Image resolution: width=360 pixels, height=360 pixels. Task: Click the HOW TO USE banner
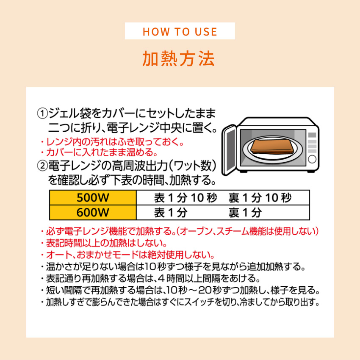coord(180,31)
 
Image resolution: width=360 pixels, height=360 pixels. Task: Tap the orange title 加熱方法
coord(179,59)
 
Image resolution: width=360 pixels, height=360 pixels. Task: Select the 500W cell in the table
coord(93,197)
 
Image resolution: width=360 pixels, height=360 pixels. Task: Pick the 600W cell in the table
coord(93,212)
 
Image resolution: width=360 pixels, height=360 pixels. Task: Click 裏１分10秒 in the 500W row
coord(260,198)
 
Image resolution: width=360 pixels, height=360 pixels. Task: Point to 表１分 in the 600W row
coord(171,213)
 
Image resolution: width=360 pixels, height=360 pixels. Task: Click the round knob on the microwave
coord(312,159)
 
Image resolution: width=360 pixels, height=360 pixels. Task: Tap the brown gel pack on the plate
coord(272,147)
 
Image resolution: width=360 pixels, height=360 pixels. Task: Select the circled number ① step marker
coord(42,114)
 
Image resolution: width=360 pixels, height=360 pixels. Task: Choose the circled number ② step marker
coord(42,166)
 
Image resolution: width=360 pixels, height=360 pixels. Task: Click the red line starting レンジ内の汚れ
coord(112,142)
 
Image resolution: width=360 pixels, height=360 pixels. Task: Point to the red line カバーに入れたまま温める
coord(99,152)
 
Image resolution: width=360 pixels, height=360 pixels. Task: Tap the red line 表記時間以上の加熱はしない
coord(104,243)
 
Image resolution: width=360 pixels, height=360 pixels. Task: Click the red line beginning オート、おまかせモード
coord(127,255)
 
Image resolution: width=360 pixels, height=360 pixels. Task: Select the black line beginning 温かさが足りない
coord(173,266)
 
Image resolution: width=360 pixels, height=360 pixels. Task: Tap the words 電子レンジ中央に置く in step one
coord(162,128)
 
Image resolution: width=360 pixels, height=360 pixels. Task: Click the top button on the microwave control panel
coord(312,135)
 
